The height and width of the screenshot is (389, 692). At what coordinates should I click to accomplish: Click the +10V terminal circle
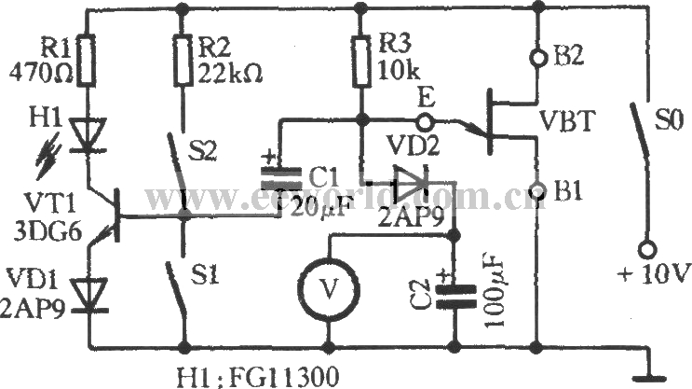(x=645, y=250)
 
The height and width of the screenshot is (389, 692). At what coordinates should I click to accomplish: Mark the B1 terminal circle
(x=536, y=191)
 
